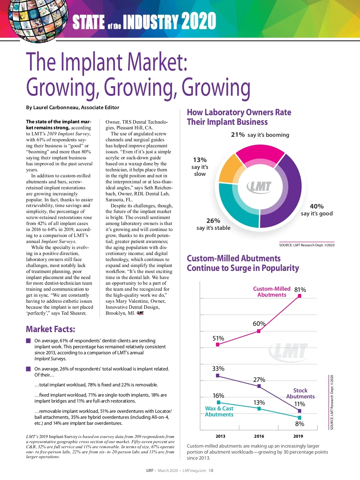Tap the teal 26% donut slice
point(237,207)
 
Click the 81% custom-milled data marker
point(299,296)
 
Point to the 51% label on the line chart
point(218,338)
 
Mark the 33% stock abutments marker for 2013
point(218,376)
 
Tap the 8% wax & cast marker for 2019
point(299,418)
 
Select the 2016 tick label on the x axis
point(259,436)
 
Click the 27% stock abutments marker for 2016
point(259,386)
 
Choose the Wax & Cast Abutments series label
point(219,411)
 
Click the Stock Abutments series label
point(300,393)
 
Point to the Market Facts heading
point(50,329)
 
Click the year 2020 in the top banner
point(199,21)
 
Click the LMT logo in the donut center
point(259,187)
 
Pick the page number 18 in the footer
point(211,470)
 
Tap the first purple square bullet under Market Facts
point(28,341)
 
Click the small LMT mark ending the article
point(140,313)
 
